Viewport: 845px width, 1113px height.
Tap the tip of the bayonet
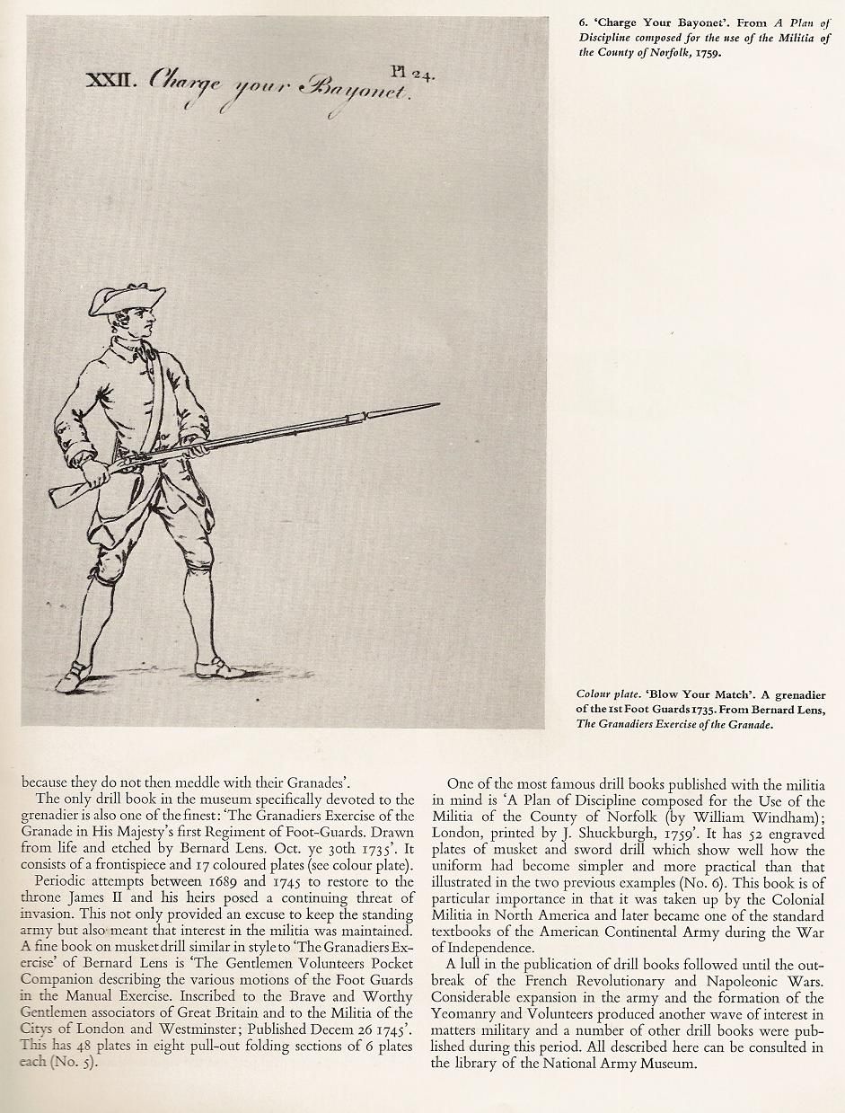(437, 406)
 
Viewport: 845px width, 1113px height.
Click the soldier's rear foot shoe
(75, 676)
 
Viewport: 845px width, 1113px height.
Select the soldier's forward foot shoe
(219, 668)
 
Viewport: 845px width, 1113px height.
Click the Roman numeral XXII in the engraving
(110, 81)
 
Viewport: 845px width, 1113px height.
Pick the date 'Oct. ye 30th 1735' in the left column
(329, 850)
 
